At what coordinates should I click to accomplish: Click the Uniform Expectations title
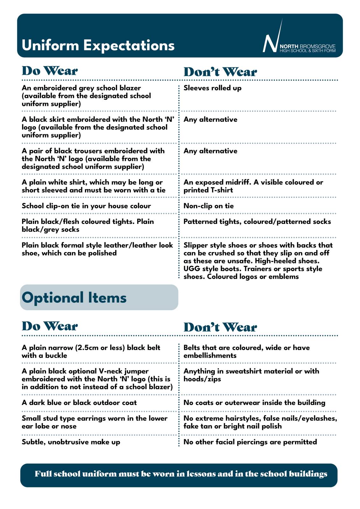point(98,45)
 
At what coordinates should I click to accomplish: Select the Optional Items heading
point(74,298)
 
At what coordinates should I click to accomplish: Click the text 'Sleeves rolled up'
point(212,88)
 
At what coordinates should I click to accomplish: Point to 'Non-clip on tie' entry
point(208,206)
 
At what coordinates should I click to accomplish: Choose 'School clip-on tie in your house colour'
point(86,206)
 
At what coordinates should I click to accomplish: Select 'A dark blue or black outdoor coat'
point(79,403)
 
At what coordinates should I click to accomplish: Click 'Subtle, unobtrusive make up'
point(71,442)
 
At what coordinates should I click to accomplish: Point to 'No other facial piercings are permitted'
point(250,442)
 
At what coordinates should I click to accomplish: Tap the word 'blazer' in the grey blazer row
point(130,88)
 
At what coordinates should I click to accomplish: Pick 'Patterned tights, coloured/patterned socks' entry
point(257,222)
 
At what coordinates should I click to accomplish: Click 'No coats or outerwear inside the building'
point(254,403)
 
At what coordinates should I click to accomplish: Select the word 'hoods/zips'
point(202,379)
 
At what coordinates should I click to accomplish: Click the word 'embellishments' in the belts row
point(210,356)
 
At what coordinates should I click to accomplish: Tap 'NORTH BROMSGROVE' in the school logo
point(307,46)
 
